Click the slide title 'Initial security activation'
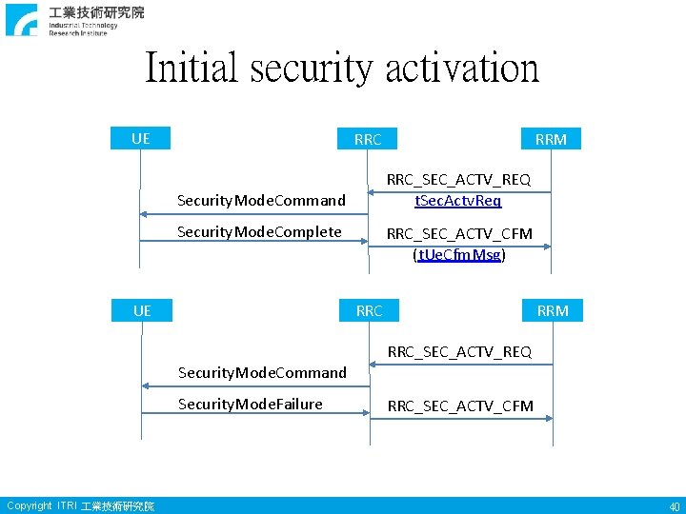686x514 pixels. click(x=342, y=69)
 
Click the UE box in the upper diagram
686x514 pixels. click(x=140, y=139)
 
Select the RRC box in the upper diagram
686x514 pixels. click(x=368, y=139)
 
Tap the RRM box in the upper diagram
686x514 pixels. click(x=551, y=139)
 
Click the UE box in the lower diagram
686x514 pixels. click(x=142, y=310)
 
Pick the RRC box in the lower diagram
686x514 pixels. click(x=369, y=310)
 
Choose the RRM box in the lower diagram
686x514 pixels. click(x=553, y=310)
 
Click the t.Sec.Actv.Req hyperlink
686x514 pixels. click(x=457, y=200)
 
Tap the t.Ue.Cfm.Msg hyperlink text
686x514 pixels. click(x=458, y=255)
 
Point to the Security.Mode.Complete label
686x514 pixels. click(x=259, y=231)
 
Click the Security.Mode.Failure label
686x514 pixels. click(x=251, y=404)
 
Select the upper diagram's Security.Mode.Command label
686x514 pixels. click(x=262, y=200)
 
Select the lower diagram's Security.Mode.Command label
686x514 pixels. click(x=263, y=372)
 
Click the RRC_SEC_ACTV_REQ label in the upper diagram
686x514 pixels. click(x=458, y=179)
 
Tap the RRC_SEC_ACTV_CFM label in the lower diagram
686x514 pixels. click(x=460, y=406)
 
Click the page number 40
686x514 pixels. click(x=674, y=506)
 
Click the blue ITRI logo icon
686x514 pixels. click(x=21, y=20)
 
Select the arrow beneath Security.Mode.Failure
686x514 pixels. click(x=254, y=414)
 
